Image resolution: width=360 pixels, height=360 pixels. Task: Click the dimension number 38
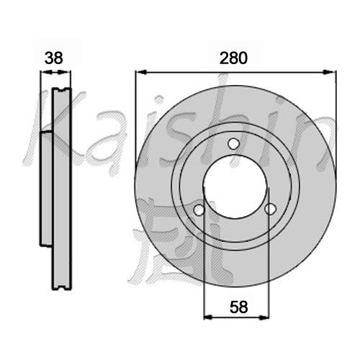tap(54, 58)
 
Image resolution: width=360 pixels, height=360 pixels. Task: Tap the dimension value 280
tap(233, 58)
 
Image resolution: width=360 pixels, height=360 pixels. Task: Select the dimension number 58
tap(238, 307)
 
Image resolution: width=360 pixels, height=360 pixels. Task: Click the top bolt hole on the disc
tap(233, 144)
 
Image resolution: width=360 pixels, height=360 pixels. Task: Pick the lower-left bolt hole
tap(199, 210)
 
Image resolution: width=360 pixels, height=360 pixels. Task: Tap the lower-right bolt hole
tap(270, 209)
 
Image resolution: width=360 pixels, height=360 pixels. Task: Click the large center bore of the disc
tap(235, 186)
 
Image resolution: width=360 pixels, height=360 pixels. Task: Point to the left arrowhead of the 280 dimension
tap(141, 72)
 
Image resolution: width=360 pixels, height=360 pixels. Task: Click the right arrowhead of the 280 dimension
tap(330, 72)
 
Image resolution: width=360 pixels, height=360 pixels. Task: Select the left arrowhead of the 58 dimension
tap(209, 318)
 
